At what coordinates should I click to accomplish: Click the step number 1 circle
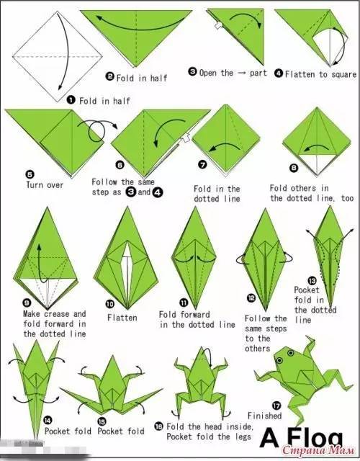[71, 100]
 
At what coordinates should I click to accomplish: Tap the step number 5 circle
[30, 174]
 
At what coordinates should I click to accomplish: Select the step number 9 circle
[27, 303]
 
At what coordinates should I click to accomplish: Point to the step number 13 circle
[312, 281]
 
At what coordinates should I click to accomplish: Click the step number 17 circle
[276, 406]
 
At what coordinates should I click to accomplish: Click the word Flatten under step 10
[122, 318]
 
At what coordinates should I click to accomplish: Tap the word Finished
[264, 416]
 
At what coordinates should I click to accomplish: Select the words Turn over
[45, 185]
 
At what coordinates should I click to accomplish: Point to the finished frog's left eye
[279, 360]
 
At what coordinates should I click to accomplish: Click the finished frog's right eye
[291, 353]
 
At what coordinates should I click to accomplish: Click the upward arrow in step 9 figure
[40, 264]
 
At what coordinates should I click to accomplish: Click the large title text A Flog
[301, 438]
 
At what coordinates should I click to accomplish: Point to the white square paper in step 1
[58, 56]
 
